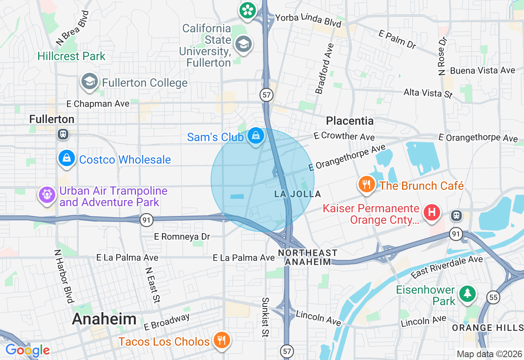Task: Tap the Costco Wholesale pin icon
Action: point(67,158)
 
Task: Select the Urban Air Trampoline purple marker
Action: point(47,194)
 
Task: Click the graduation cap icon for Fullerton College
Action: point(89,81)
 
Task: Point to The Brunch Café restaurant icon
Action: point(367,184)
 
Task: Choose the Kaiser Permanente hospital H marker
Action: point(431,212)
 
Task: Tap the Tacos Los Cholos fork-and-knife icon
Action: point(221,340)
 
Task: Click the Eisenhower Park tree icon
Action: point(467,293)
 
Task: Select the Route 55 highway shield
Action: point(494,297)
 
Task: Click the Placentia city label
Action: point(350,121)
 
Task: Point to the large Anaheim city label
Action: point(104,319)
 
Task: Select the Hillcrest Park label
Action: point(72,56)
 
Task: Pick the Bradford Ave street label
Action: point(325,69)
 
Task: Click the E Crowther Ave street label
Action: point(344,136)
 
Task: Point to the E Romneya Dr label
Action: point(182,236)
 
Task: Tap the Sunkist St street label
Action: point(265,317)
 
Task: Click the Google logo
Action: point(27,350)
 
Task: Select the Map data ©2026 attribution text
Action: point(489,354)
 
